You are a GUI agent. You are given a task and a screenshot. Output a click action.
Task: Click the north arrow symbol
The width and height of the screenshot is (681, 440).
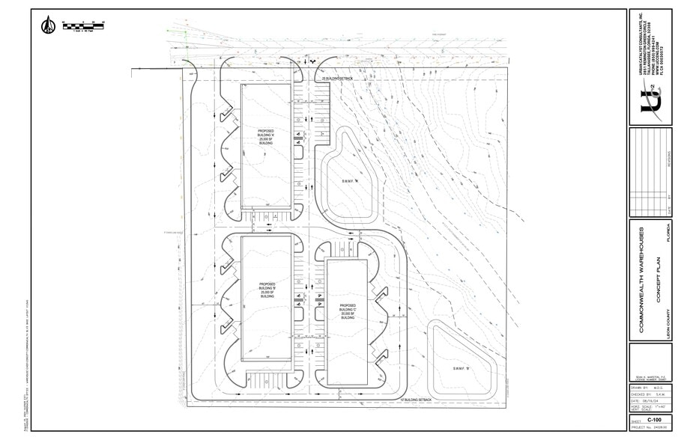[47, 25]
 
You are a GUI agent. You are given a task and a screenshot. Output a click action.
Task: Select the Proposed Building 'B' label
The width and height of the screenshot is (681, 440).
[267, 291]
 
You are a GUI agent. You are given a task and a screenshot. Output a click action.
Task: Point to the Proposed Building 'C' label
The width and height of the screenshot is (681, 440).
[347, 311]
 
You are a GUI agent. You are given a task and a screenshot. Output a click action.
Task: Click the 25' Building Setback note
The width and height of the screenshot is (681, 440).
[336, 79]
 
